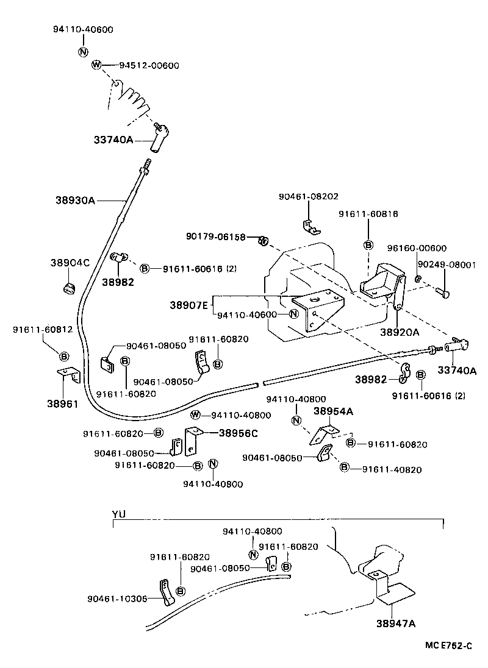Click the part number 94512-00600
(148, 65)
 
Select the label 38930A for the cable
(75, 199)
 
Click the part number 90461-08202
(308, 196)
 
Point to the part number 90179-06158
(215, 236)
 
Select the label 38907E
(188, 302)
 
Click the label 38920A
(400, 332)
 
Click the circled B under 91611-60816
(368, 244)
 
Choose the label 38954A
(333, 411)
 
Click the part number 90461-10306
(117, 598)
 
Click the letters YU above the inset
(118, 514)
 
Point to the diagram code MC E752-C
(449, 644)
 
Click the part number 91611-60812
(42, 330)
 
